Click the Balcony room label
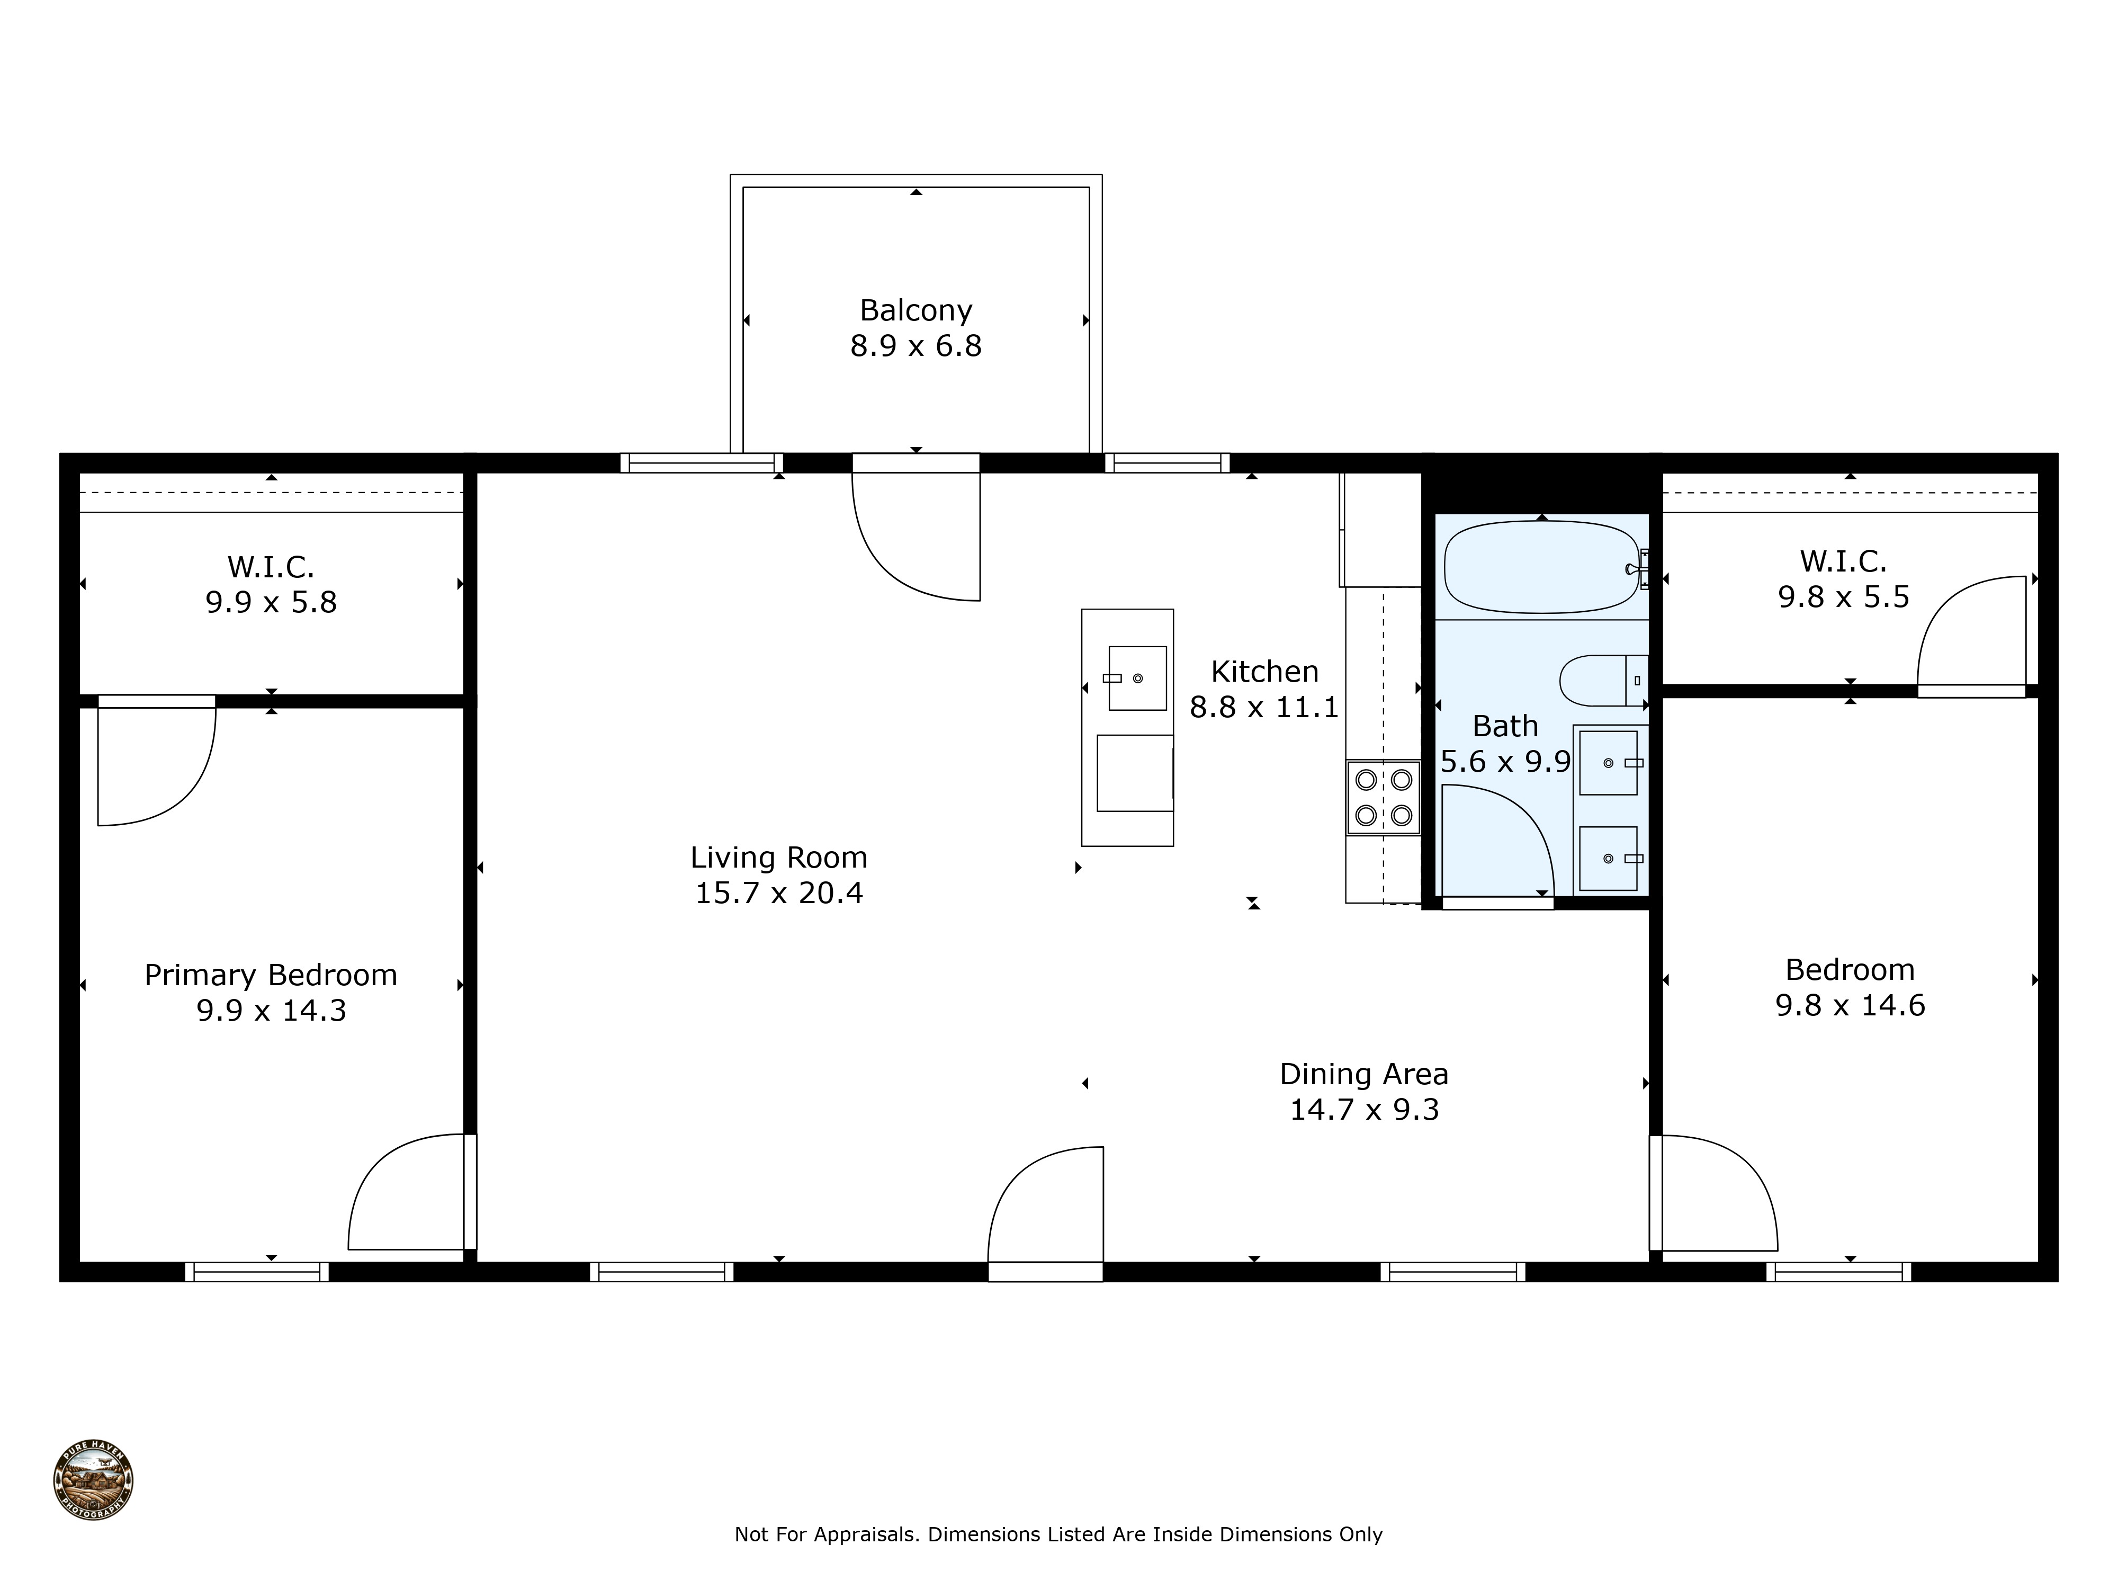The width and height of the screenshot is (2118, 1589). click(x=916, y=310)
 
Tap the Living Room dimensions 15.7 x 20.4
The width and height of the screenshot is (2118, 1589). click(x=778, y=892)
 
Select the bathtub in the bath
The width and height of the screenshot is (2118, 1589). click(x=1541, y=567)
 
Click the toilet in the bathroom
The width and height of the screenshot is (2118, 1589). click(x=1602, y=680)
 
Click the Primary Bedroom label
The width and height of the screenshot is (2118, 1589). click(x=271, y=975)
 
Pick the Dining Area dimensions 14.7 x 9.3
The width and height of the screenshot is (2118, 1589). click(x=1363, y=1109)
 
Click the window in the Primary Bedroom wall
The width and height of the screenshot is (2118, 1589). click(x=257, y=1272)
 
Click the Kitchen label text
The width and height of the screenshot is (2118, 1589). click(x=1264, y=672)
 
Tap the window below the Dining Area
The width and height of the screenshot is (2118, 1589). click(x=1452, y=1272)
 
